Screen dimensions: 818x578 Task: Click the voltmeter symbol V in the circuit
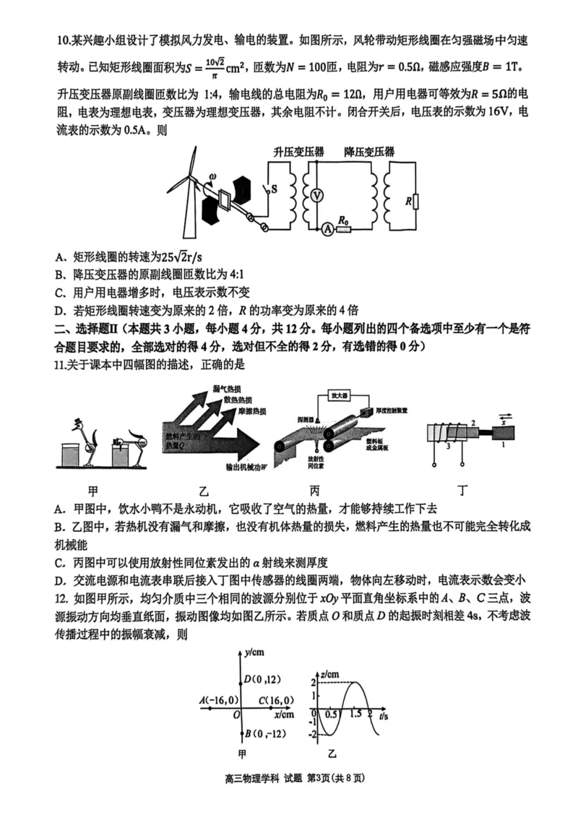coord(316,196)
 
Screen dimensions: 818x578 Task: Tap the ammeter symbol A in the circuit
coord(327,229)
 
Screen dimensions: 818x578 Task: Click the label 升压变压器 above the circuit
coord(298,152)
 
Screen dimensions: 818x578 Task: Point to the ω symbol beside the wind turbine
coord(212,176)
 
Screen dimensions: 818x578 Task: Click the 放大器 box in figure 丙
coord(337,396)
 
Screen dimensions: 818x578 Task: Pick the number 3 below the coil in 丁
coord(448,447)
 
